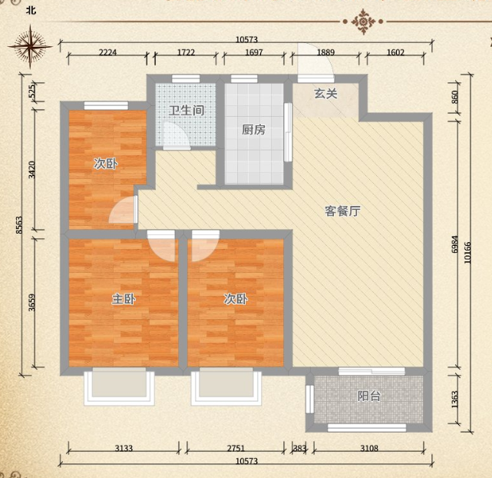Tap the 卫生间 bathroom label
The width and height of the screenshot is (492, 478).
pos(187,110)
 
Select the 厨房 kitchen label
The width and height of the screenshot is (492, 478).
pos(253,130)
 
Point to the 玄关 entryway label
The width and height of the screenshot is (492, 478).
pos(325,94)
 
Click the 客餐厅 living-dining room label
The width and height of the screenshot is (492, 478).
pos(342,211)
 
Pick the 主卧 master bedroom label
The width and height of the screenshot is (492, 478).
pos(124,299)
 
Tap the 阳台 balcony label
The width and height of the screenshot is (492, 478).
pos(369,397)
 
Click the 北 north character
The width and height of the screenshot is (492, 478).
pos(30,11)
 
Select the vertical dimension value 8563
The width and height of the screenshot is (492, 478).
pos(20,228)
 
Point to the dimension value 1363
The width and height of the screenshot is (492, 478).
pos(454,400)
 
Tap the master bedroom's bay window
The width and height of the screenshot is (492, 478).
pos(119,386)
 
